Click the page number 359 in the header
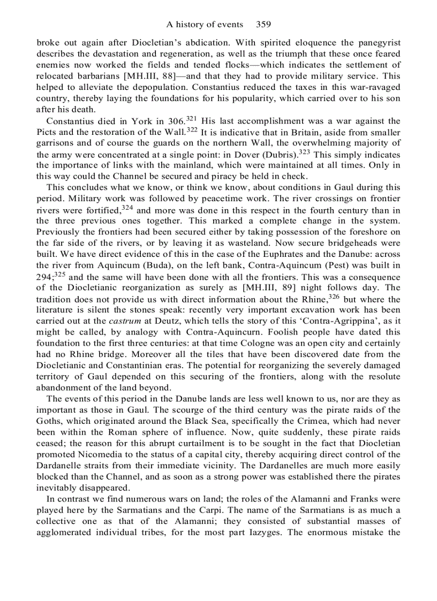tap(263, 24)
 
